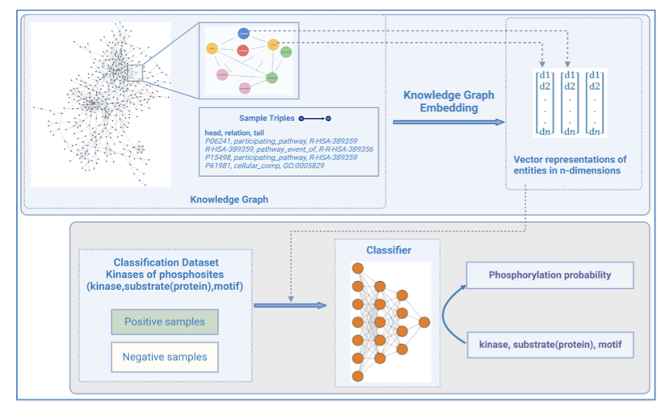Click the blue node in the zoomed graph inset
point(244,33)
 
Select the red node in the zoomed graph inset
point(243,50)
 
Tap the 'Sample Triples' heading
point(267,118)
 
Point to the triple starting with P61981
point(259,166)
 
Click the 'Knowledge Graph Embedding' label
point(450,101)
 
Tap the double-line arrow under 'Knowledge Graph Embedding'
point(449,122)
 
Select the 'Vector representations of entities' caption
point(574,164)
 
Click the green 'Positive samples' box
point(165,322)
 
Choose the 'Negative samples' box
point(165,356)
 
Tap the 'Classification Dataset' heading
point(165,264)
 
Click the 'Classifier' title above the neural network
point(388,250)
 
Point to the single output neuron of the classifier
point(424,322)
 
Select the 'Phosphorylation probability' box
point(549,275)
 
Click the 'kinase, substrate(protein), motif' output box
point(549,345)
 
